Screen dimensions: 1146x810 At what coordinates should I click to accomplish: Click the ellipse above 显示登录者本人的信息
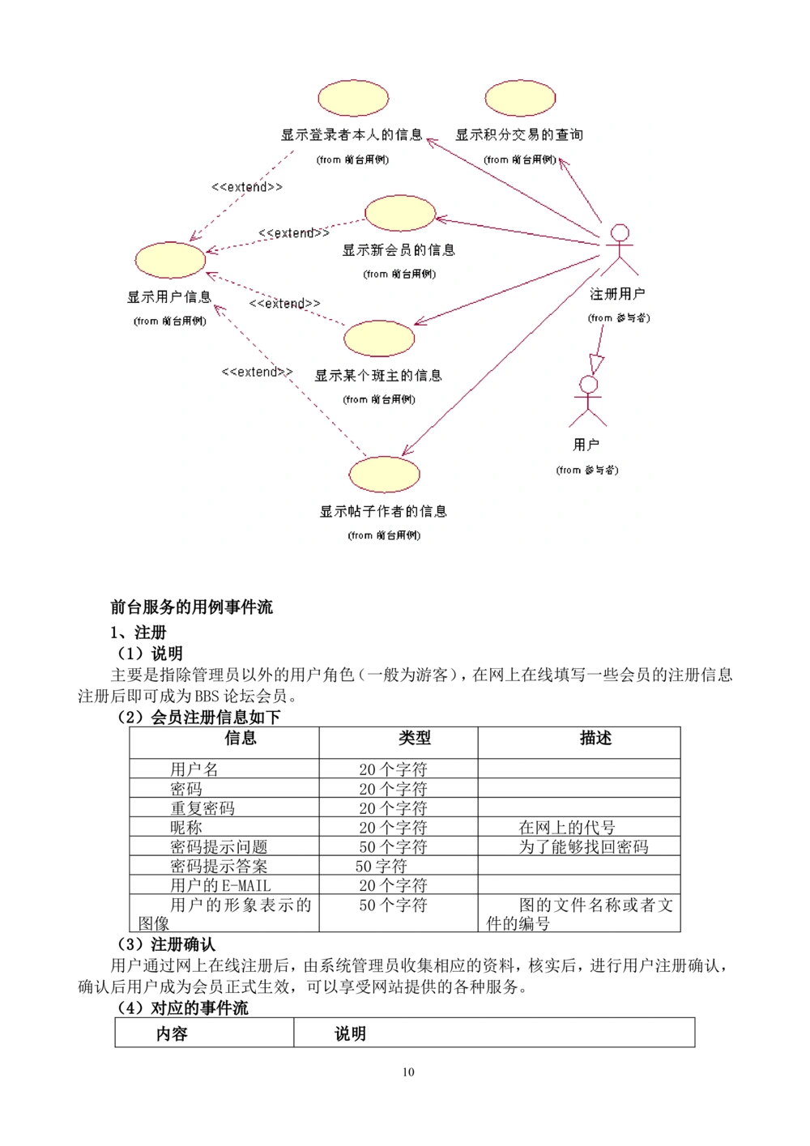353,98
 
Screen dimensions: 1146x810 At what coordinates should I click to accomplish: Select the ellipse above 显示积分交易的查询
520,98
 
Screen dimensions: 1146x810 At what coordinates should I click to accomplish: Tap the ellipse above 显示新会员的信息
400,213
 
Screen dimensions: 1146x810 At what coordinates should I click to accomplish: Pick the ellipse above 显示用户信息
170,260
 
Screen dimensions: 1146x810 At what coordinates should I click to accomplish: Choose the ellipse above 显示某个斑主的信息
379,339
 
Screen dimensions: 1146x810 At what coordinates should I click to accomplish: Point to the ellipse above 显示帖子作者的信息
384,475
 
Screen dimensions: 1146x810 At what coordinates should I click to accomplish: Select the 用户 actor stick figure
588,402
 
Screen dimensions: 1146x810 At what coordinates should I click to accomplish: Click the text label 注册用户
617,294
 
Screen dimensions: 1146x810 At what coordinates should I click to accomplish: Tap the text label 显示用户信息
169,297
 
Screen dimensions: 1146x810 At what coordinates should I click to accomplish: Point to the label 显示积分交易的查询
519,135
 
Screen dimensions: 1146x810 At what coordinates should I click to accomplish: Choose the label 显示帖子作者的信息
383,512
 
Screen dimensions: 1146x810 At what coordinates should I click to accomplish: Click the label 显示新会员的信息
399,250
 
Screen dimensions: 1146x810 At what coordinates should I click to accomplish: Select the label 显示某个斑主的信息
378,376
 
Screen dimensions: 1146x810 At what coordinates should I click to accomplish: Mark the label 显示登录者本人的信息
352,135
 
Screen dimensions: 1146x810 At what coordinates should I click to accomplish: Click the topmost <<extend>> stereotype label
247,187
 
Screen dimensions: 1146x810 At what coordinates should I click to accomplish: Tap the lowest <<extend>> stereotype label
257,372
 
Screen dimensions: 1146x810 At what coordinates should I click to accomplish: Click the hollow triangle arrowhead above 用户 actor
597,364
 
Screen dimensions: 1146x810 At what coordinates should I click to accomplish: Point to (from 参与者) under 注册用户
619,318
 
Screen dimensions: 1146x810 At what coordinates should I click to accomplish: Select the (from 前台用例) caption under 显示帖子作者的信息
384,535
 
